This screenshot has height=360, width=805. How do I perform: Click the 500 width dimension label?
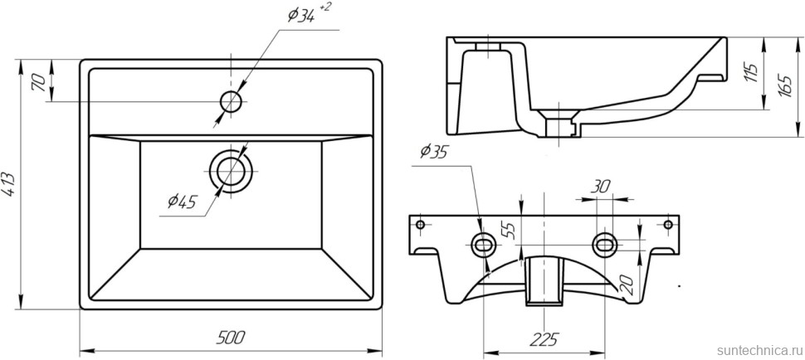232,337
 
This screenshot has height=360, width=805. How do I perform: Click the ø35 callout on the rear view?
434,152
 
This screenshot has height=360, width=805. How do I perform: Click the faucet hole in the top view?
231,101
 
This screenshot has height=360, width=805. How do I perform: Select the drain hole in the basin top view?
231,172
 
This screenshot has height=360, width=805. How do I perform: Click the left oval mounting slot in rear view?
483,243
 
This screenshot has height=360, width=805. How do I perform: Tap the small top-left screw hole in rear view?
420,225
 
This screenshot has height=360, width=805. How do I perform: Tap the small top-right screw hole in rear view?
668,225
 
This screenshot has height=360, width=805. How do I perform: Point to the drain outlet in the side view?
559,124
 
